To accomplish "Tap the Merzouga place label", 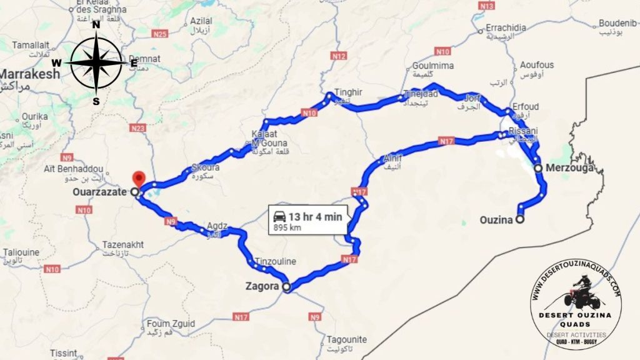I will [568, 168].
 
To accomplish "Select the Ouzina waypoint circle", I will [519, 219].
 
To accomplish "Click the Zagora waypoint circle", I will [286, 287].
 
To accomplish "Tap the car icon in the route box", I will [279, 217].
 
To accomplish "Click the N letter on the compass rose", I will [96, 26].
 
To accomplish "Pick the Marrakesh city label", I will [29, 74].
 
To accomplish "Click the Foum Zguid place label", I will [171, 324].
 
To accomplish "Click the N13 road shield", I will [486, 6].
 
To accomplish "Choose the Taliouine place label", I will [21, 252].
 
